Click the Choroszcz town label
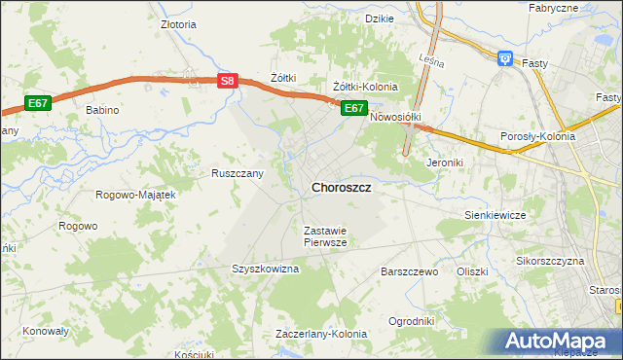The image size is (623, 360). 340,187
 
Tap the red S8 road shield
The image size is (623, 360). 227,83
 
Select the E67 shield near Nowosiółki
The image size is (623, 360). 353,108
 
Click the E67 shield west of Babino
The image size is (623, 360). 37,103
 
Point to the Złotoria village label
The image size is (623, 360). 178,24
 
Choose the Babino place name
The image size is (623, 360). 101,110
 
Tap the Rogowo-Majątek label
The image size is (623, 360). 135,195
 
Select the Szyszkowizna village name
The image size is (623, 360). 264,269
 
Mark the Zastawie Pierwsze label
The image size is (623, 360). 325,236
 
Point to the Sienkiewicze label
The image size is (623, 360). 495,214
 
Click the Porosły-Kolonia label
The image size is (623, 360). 537,137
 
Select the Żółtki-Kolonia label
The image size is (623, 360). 365,87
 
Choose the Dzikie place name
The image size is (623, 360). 379,18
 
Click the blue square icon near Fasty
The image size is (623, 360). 505,59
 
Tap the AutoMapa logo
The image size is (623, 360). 559,341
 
